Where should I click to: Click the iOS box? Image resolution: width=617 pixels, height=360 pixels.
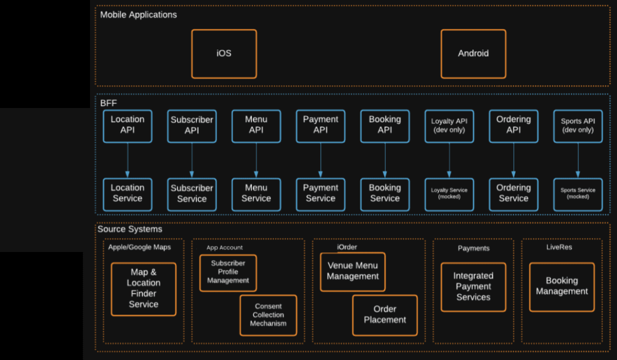point(224,53)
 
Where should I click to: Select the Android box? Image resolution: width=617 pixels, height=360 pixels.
point(473,53)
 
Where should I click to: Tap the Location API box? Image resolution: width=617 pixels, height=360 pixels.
point(128,125)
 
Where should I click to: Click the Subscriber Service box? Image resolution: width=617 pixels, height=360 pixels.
point(192,194)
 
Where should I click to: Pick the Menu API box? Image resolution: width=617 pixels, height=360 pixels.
point(256,125)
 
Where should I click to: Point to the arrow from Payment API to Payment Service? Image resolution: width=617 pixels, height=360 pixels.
point(320,160)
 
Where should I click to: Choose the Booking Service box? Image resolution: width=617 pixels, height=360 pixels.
point(385,194)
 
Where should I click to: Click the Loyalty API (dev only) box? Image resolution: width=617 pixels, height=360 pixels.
point(449,125)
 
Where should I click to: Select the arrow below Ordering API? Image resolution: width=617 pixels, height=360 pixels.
point(513,160)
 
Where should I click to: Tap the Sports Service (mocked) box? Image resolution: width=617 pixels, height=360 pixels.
point(577,194)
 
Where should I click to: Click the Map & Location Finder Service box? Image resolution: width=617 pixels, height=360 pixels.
point(143,289)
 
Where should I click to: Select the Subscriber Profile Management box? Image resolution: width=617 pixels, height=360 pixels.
point(228,273)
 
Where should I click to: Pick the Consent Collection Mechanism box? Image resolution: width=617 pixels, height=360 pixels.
point(268,315)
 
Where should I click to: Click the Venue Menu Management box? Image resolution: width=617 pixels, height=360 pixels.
point(352,272)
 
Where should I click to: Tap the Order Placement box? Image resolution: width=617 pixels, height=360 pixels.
point(385,315)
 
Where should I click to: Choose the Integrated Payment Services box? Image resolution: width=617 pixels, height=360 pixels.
point(473,287)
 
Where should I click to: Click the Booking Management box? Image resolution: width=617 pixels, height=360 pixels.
point(561,286)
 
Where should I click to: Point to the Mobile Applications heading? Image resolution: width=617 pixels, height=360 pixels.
point(138,15)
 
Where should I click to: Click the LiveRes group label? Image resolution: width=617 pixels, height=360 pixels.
point(559,247)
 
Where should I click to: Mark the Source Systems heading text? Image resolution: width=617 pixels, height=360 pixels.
point(130,229)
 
